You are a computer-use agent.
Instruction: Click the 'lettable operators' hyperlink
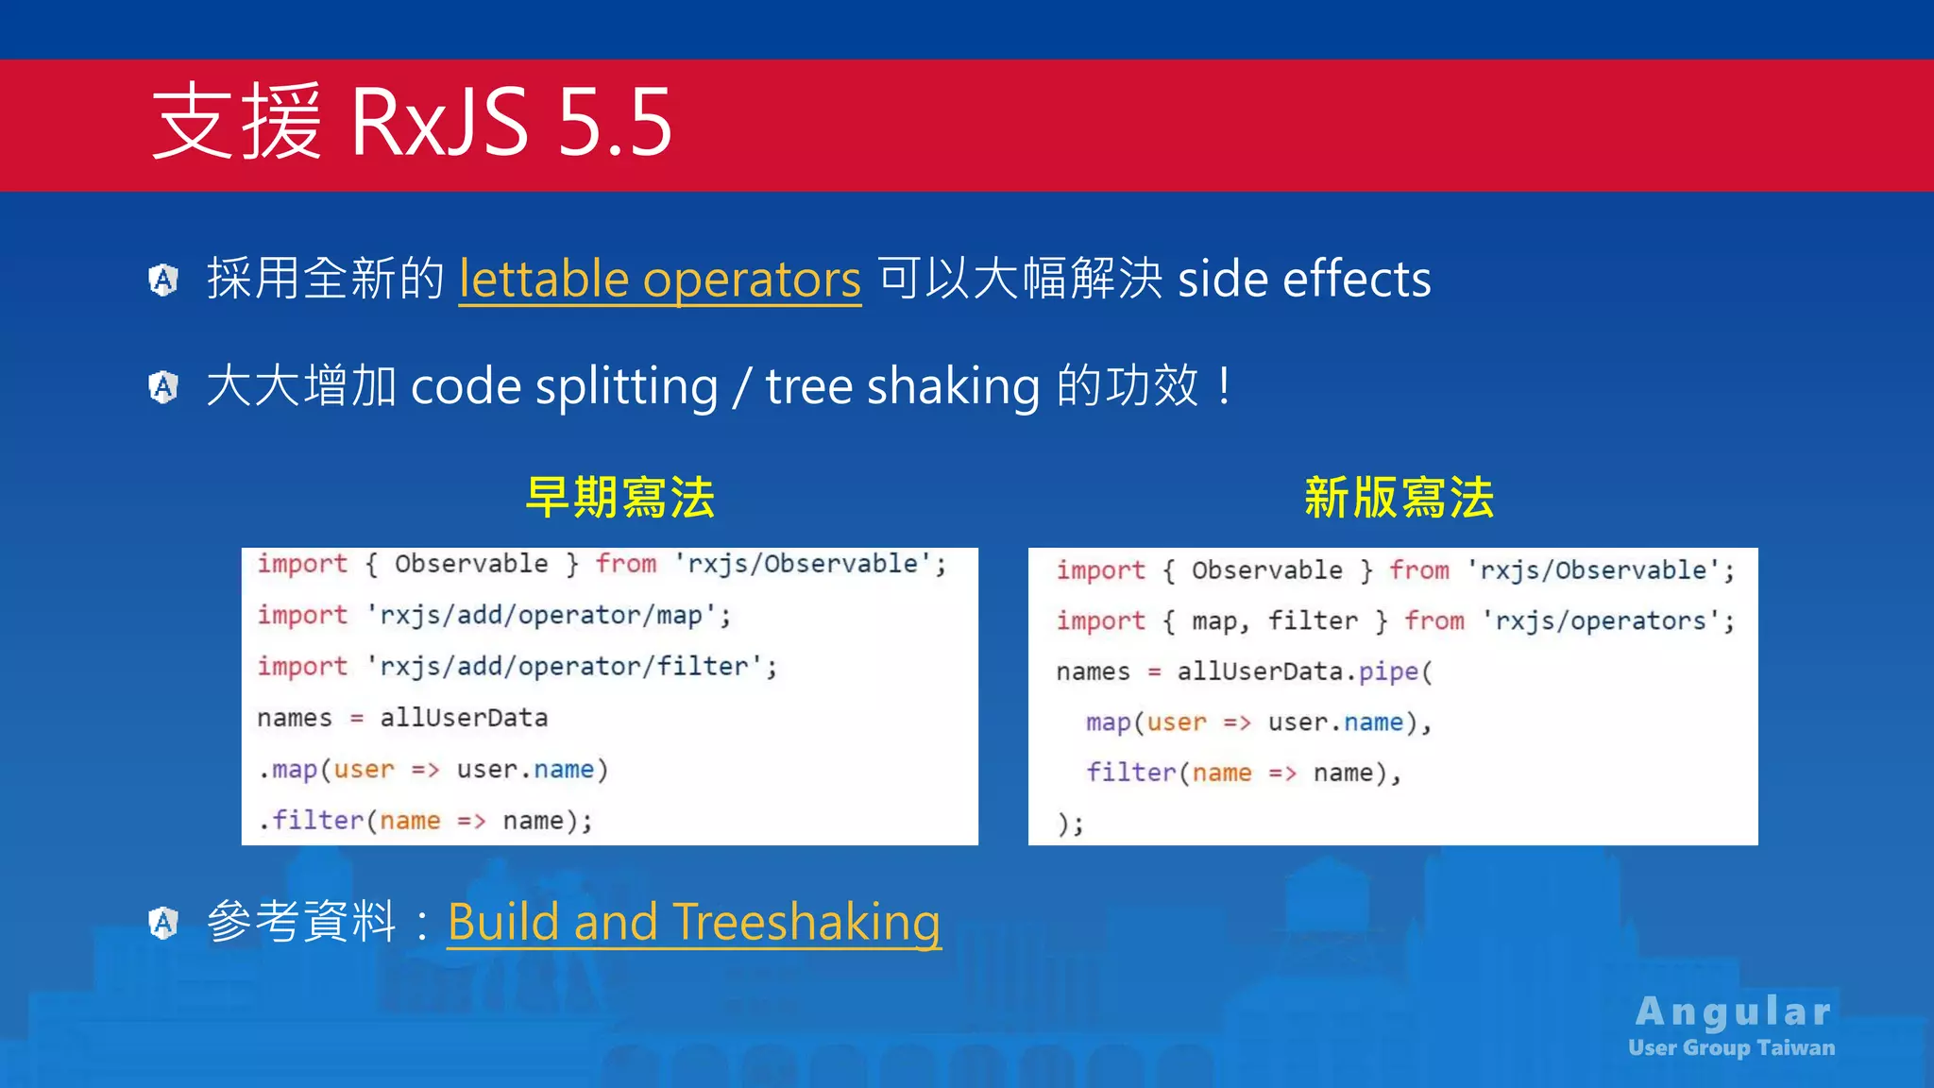click(x=659, y=280)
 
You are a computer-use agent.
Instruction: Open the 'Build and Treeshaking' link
click(x=693, y=922)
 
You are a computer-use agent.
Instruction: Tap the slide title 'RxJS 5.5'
click(x=510, y=123)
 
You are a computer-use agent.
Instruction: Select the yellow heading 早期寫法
click(x=619, y=498)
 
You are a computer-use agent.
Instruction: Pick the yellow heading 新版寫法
click(x=1399, y=498)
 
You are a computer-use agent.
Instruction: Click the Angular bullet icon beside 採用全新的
click(x=163, y=280)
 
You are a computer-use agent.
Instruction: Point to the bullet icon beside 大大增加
click(x=163, y=386)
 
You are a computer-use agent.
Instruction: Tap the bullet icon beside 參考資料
click(x=163, y=923)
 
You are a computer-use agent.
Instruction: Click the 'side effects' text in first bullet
click(x=1304, y=280)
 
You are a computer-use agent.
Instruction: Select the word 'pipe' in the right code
click(x=1388, y=671)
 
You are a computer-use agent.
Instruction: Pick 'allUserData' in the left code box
click(x=464, y=718)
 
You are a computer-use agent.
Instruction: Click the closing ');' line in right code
click(x=1071, y=824)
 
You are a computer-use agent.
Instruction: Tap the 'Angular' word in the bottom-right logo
click(x=1734, y=1011)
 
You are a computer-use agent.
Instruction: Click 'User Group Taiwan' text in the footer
click(x=1731, y=1047)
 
